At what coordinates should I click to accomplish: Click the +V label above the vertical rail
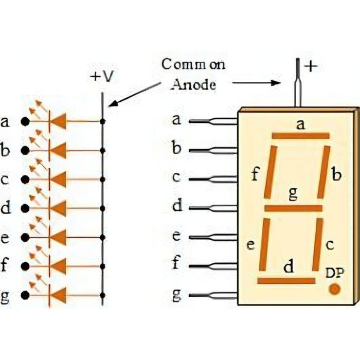(x=102, y=77)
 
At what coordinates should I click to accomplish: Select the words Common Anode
(x=193, y=75)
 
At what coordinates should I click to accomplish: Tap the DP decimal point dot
(x=335, y=289)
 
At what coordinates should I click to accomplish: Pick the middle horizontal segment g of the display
(x=293, y=208)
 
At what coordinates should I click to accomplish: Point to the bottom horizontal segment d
(x=286, y=281)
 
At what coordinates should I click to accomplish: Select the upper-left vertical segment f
(x=271, y=172)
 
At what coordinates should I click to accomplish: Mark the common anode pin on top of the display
(x=297, y=82)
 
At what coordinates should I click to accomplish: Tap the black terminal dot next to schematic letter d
(x=24, y=209)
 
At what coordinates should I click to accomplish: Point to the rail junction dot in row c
(x=103, y=179)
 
